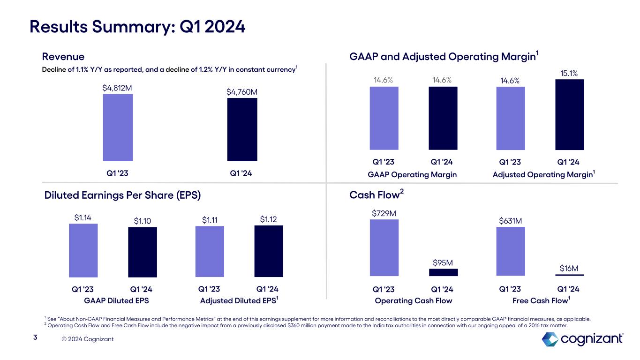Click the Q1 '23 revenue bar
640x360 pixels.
tap(118, 127)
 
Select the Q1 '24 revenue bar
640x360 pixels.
tap(242, 129)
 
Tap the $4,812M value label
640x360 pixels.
tap(118, 88)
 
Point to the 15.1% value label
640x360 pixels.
tap(569, 73)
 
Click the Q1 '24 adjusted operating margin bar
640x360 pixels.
tap(569, 114)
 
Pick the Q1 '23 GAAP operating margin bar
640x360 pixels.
tap(384, 118)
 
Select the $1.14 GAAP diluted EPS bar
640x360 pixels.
tap(83, 250)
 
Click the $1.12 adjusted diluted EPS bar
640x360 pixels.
tap(269, 251)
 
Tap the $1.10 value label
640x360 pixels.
tap(143, 220)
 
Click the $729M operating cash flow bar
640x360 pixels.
tap(384, 248)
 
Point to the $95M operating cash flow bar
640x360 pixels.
tap(443, 272)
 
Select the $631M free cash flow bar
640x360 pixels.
tap(510, 252)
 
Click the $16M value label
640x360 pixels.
tap(569, 268)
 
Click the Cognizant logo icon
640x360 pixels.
tap(550, 339)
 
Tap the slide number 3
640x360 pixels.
tap(35, 337)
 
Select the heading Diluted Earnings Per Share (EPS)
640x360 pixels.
tap(122, 195)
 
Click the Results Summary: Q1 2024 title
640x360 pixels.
tap(137, 27)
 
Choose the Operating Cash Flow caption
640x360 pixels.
tap(414, 300)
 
